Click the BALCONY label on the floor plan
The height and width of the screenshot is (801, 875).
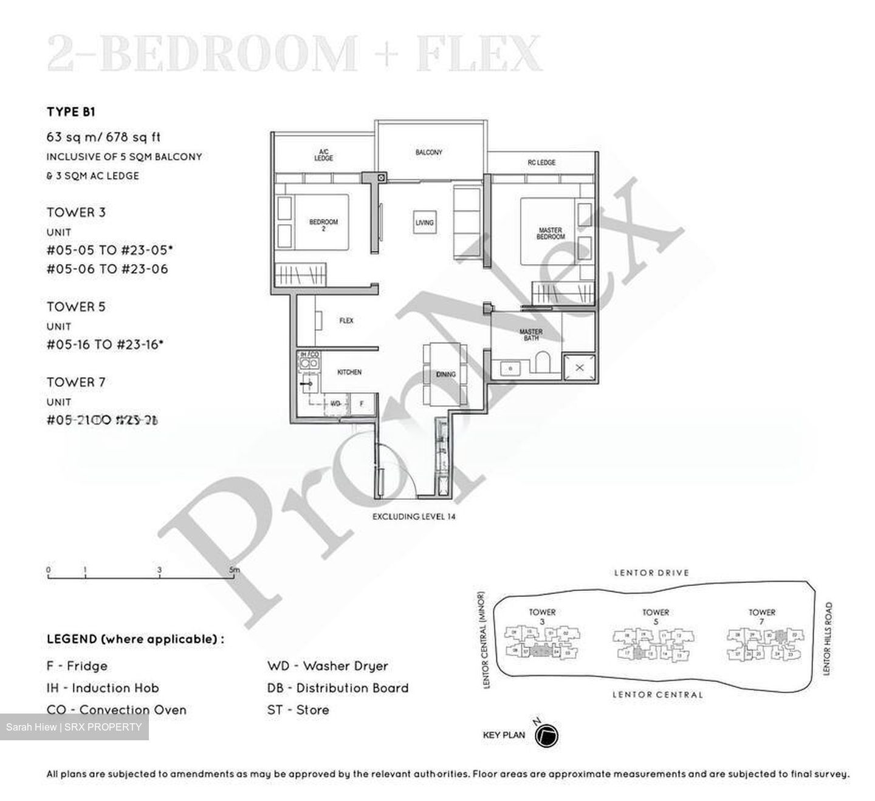(428, 152)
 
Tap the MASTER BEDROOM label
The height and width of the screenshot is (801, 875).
(550, 233)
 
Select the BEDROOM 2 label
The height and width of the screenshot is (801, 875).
(323, 225)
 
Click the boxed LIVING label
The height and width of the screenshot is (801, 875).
(425, 222)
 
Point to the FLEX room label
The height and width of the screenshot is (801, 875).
(346, 321)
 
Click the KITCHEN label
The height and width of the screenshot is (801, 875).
(349, 372)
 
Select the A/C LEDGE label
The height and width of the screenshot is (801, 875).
(323, 155)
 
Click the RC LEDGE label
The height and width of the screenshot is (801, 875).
(541, 163)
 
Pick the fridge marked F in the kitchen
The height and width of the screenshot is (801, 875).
(362, 403)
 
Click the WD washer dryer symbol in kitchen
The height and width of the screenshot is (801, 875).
(335, 403)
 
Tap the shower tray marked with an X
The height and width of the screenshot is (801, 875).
(579, 367)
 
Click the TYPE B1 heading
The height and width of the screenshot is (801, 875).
(71, 112)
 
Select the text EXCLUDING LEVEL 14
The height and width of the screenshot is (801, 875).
(414, 517)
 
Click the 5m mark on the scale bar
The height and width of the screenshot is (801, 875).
(234, 570)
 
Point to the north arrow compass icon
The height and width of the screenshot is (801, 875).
(546, 735)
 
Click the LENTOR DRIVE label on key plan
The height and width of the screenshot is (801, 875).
(651, 573)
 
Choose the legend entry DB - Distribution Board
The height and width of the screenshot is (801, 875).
(338, 688)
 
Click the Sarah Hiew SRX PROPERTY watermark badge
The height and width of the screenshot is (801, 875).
(74, 727)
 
